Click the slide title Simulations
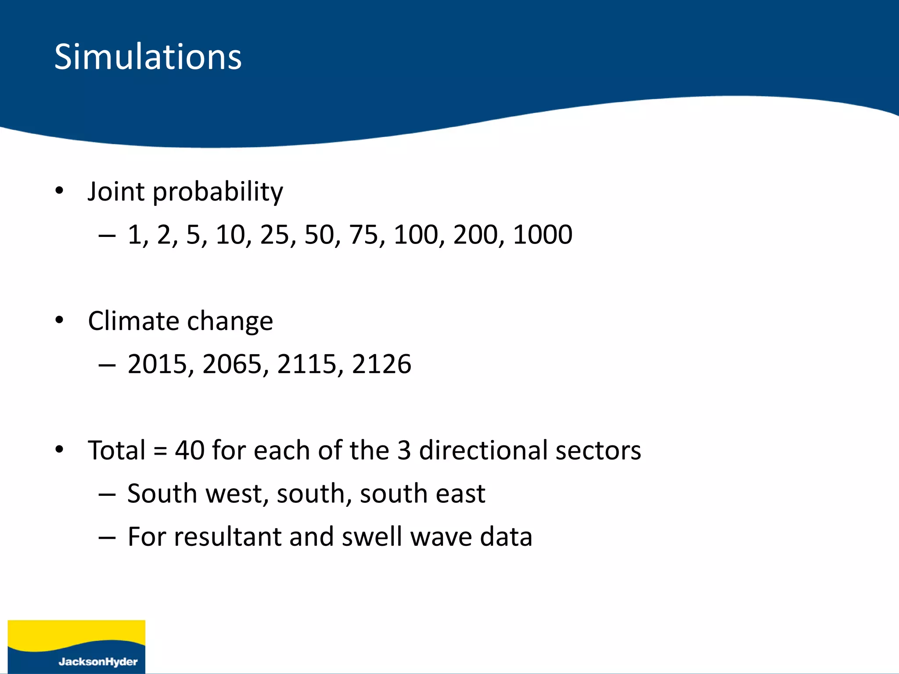coord(148,57)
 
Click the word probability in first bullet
coord(218,192)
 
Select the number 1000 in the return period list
coord(542,235)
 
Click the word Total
coord(116,450)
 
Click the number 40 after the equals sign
coord(190,450)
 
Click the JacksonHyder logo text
coord(98,662)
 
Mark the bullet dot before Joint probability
coord(60,191)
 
